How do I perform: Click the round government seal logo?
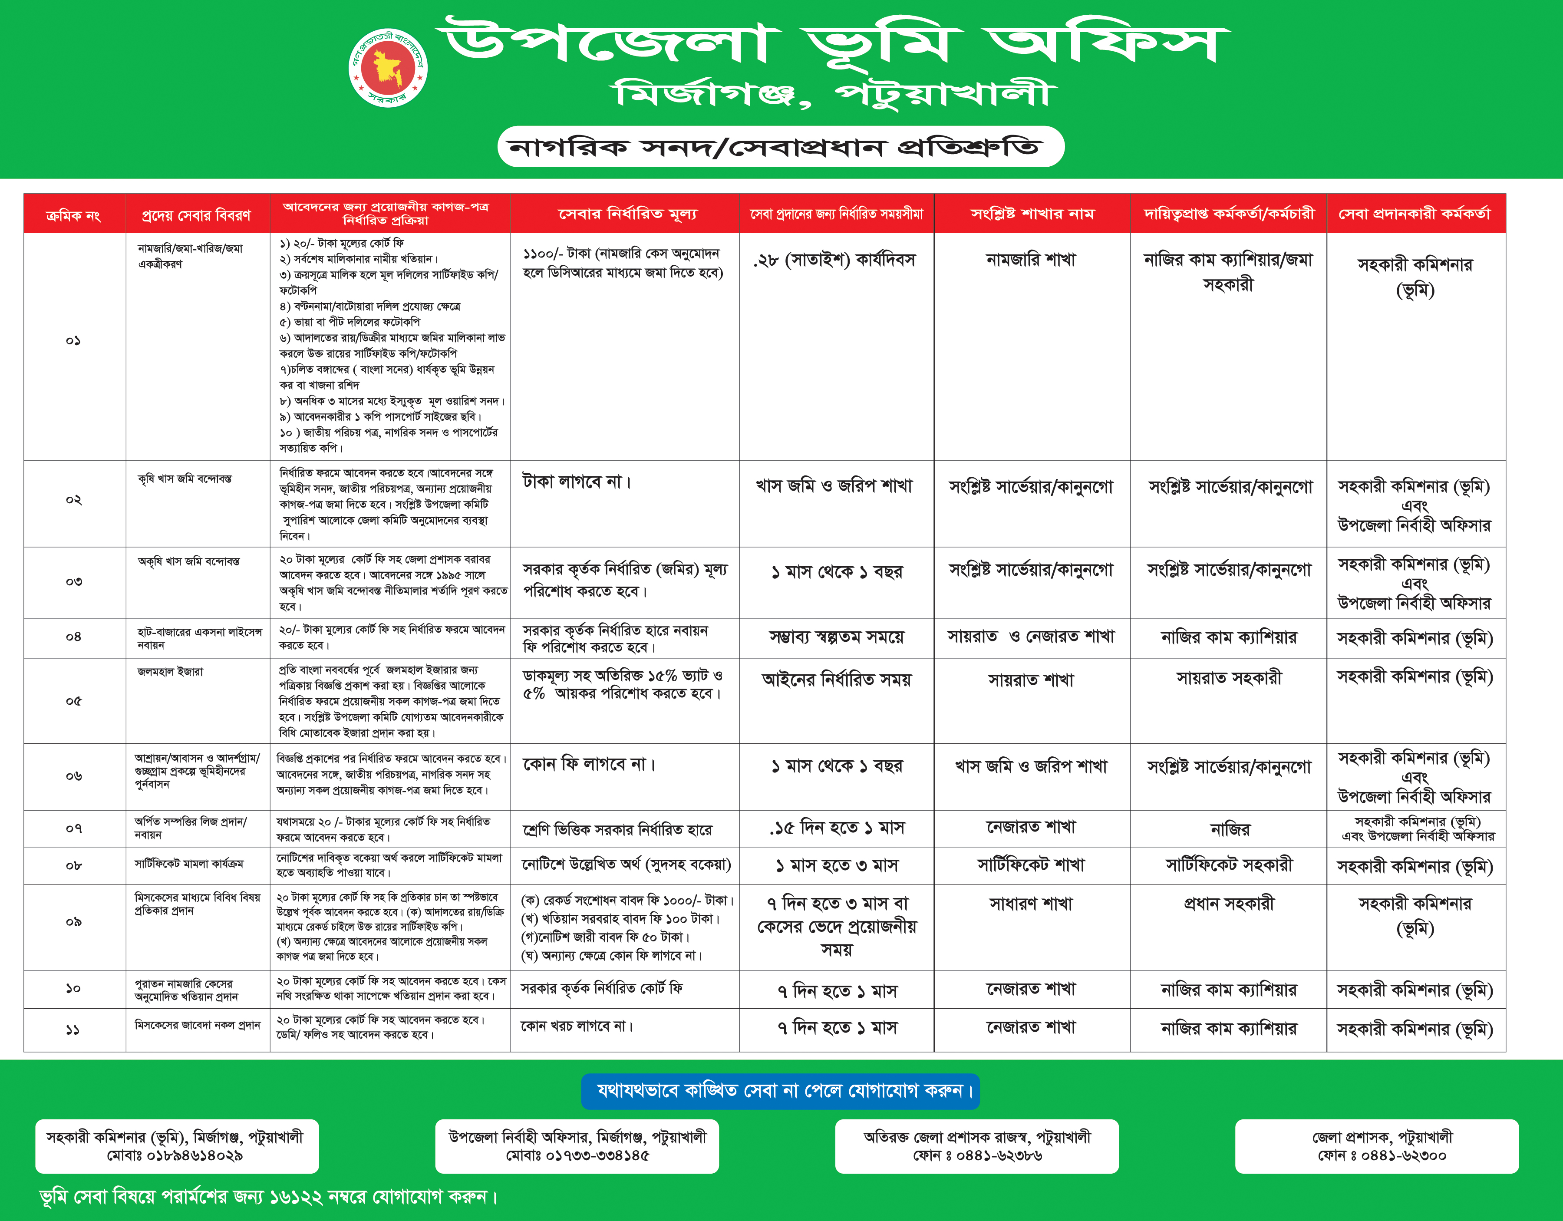click(388, 68)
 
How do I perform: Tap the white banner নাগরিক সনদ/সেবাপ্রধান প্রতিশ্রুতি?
click(780, 147)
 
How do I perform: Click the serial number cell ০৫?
click(73, 701)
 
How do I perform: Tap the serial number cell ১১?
click(73, 1030)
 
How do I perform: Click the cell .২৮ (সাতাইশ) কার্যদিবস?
click(834, 260)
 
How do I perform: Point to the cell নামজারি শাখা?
click(1031, 260)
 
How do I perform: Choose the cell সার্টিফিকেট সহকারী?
click(1229, 865)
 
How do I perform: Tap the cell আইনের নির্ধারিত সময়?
click(836, 679)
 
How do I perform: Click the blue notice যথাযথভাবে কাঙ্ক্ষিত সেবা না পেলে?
click(780, 1091)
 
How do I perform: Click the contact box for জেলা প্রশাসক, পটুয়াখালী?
click(1376, 1146)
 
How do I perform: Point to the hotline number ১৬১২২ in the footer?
click(296, 1197)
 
